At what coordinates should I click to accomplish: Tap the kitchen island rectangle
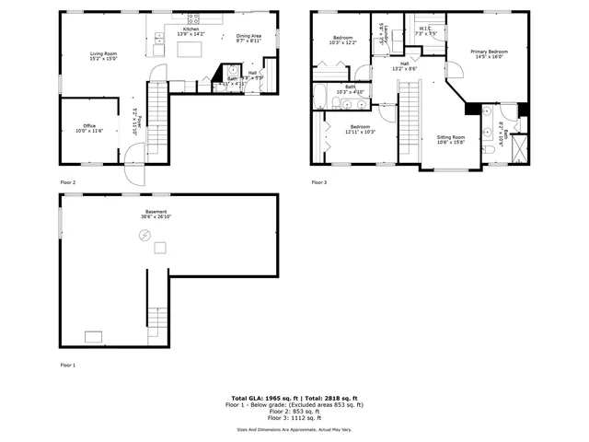[191, 49]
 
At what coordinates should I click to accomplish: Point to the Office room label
[89, 125]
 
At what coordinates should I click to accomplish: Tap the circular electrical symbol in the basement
[144, 236]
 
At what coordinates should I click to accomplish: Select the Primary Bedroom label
[489, 52]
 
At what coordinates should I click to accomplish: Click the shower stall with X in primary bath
[517, 148]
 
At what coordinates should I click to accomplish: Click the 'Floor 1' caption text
[68, 365]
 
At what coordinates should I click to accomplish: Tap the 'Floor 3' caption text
[319, 182]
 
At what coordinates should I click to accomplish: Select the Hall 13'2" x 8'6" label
[404, 64]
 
